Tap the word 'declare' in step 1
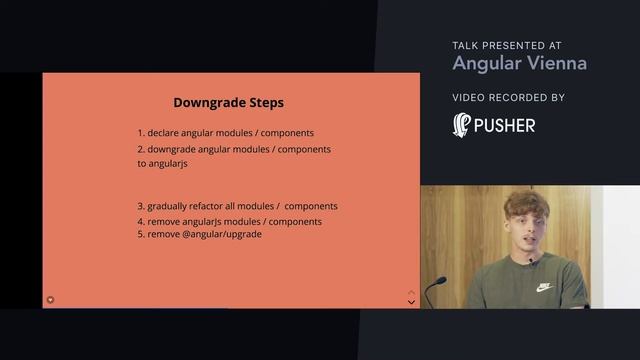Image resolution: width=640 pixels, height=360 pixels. pos(166,133)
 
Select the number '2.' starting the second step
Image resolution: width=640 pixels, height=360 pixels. pos(142,150)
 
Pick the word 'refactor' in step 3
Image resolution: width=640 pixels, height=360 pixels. pos(215,206)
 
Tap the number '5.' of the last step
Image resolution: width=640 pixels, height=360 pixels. pos(142,234)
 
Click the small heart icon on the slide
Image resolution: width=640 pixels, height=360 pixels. pos(51,299)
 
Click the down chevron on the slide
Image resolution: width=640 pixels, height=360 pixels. pos(410,302)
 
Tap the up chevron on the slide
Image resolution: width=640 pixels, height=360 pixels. pos(410,292)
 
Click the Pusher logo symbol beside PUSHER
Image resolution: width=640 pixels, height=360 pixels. pos(462,125)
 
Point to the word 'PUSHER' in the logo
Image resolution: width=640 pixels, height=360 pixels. pos(505,126)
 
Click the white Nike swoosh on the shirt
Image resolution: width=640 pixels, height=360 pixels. pos(543,286)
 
